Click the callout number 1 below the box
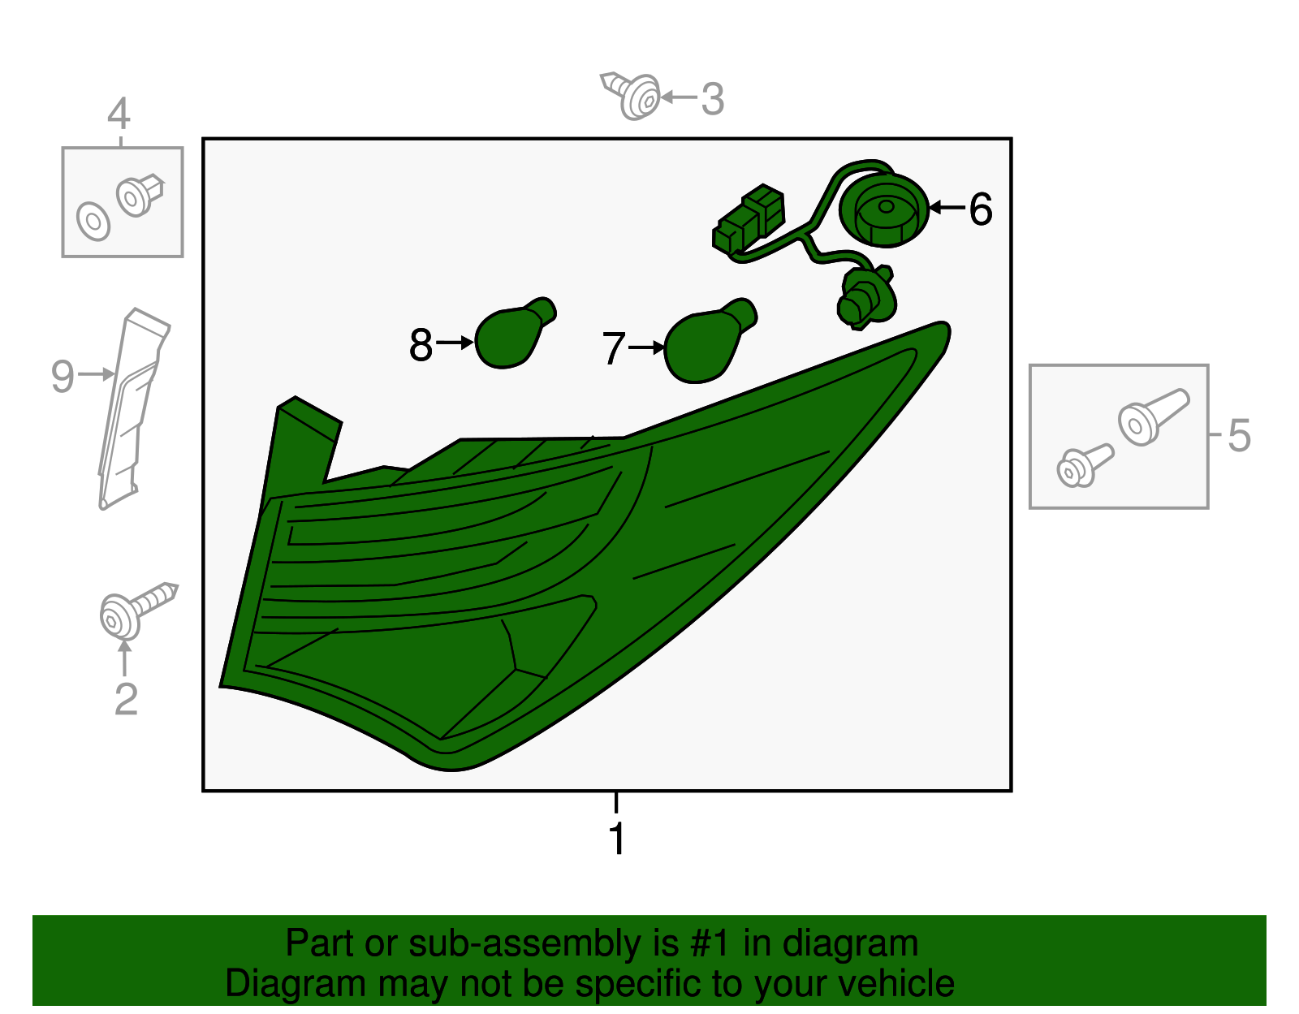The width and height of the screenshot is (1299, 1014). (618, 838)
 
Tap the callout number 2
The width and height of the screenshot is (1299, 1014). (126, 698)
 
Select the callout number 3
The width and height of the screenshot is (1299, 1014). (713, 99)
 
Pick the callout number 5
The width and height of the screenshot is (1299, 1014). (1239, 435)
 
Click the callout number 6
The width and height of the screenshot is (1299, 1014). (981, 209)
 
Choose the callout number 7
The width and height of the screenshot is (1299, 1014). (614, 348)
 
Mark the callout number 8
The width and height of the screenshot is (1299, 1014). (421, 345)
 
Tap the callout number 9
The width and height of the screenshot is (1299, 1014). (63, 377)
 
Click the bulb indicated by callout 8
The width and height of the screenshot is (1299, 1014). (513, 334)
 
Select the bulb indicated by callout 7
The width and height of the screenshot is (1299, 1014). (709, 341)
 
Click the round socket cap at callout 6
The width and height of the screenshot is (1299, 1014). (884, 210)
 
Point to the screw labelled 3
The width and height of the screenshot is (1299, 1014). (631, 96)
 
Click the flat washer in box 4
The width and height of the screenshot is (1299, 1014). (93, 221)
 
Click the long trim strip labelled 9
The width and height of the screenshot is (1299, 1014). (132, 408)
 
